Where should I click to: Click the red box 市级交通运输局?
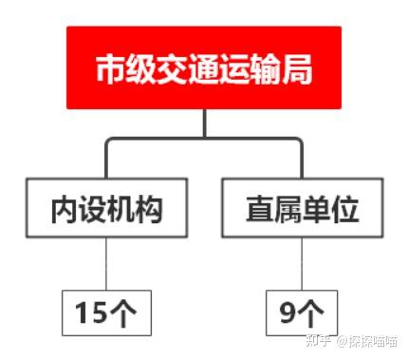click(x=204, y=67)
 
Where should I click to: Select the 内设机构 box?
click(x=107, y=208)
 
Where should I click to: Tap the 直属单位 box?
click(x=303, y=208)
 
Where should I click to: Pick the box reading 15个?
click(x=106, y=313)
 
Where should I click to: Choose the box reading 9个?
click(x=302, y=313)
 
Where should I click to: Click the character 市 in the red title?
click(x=110, y=68)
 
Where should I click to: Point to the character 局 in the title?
click(x=297, y=68)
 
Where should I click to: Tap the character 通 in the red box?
click(x=204, y=68)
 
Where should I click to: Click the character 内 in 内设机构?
click(x=65, y=209)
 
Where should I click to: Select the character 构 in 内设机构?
click(x=149, y=209)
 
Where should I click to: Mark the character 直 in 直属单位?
click(x=260, y=209)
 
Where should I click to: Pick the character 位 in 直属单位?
click(x=345, y=209)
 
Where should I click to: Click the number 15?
click(x=91, y=313)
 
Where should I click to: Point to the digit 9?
click(x=287, y=313)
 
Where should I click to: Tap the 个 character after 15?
click(x=122, y=313)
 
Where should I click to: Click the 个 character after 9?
click(x=310, y=313)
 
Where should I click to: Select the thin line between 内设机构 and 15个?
click(x=106, y=264)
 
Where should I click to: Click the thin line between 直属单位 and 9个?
click(x=302, y=264)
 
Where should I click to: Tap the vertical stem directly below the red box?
click(x=205, y=123)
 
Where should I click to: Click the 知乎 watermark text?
click(x=318, y=341)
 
